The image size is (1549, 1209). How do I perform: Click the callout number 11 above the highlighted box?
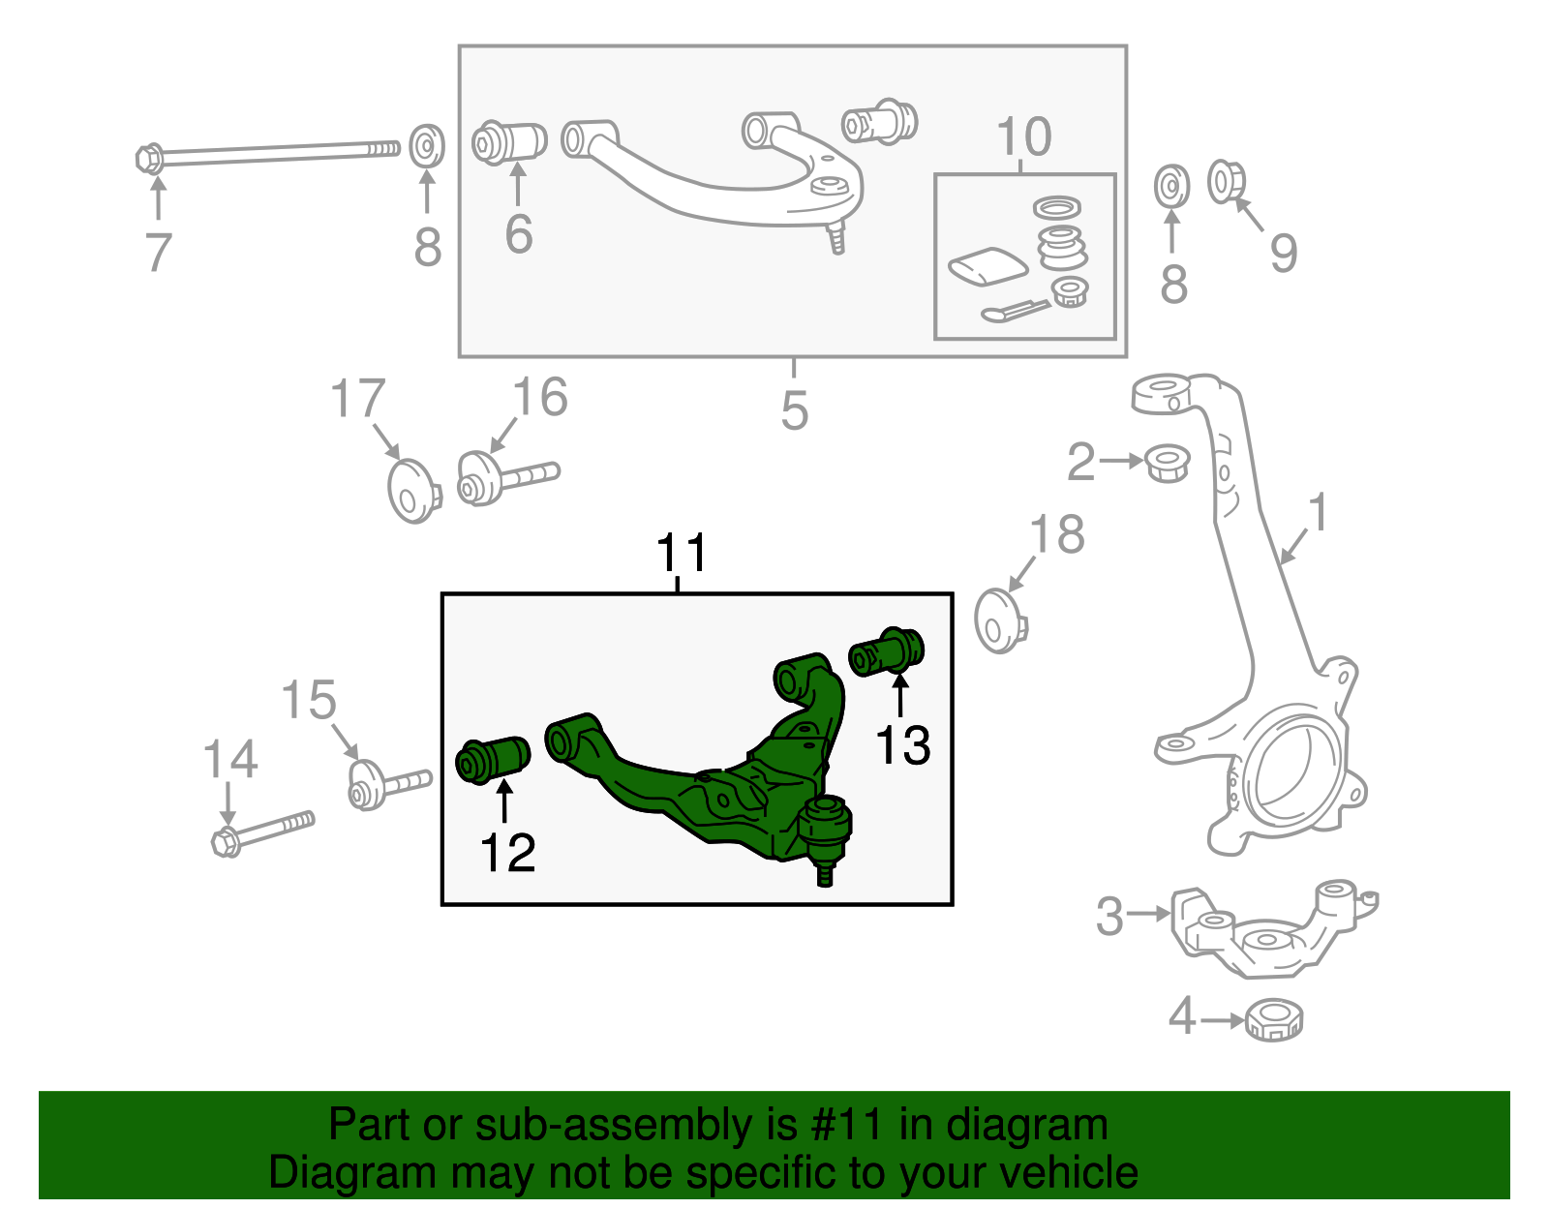point(682,554)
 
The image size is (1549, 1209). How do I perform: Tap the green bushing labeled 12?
point(493,760)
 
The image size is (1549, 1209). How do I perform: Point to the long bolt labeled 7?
point(271,153)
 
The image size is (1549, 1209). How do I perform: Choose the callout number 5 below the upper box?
point(794,410)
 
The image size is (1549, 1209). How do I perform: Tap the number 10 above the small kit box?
point(1023,136)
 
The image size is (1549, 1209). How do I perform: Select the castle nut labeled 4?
point(1273,1019)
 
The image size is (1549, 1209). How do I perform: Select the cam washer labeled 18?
point(1000,620)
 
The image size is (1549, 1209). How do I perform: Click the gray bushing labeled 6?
point(509,142)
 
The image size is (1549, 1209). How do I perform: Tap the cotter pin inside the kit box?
point(1014,310)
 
